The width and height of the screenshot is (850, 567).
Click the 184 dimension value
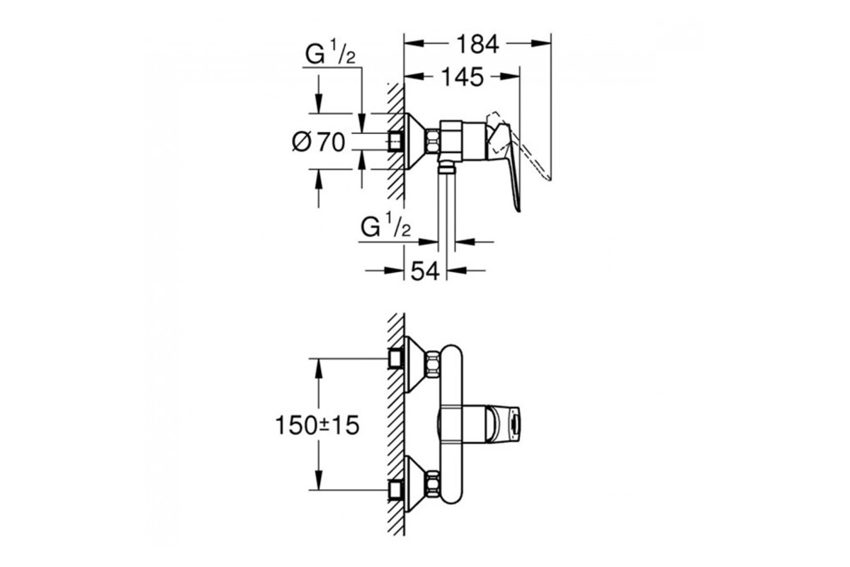(477, 44)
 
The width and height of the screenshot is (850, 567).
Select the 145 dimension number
(463, 77)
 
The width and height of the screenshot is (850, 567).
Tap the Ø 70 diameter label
(319, 142)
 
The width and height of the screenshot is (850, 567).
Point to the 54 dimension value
(425, 271)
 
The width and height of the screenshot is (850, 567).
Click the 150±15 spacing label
(317, 425)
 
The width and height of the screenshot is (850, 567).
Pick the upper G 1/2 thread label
(330, 53)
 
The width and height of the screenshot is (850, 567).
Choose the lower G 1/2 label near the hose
(385, 225)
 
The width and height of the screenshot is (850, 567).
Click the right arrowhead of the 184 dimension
(541, 44)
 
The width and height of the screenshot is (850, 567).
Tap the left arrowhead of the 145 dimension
(414, 77)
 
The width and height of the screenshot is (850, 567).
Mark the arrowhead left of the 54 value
(394, 271)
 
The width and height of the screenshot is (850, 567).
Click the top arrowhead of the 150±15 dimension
(319, 369)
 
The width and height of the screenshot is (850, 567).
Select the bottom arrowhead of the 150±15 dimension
(319, 480)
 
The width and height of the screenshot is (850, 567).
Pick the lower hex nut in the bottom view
(432, 483)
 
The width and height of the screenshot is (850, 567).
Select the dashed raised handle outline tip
(550, 179)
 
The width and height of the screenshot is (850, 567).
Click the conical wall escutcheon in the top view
(415, 141)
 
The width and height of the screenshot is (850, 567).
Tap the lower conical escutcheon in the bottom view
(415, 484)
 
